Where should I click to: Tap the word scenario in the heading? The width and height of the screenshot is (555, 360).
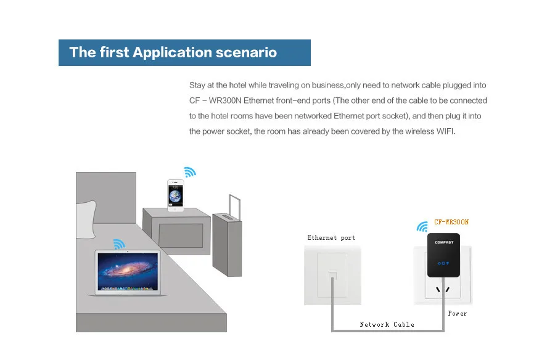pos(246,52)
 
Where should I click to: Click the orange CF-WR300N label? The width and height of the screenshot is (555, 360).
pos(451,222)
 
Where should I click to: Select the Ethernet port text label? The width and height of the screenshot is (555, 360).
pos(331,237)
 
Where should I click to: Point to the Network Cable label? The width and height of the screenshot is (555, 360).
pos(387,324)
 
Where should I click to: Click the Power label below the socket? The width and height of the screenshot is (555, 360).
pos(458,313)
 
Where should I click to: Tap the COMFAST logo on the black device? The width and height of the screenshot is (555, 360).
pos(444,242)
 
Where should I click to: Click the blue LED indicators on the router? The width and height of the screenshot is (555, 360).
pos(443,263)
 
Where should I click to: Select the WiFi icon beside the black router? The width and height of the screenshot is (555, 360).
pos(422,227)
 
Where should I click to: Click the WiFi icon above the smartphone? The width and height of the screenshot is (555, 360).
pos(190,172)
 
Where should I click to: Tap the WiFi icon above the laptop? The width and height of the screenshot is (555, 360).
pos(119,244)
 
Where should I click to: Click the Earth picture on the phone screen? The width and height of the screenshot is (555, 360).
pos(175,196)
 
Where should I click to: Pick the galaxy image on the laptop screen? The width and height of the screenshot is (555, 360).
pos(128,271)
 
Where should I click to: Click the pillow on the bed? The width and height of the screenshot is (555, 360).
pos(86,219)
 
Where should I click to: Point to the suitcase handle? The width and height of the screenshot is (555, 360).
pos(235,207)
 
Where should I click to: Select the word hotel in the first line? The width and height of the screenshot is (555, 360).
pos(237,85)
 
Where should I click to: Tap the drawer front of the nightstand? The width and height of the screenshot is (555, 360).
pos(181,235)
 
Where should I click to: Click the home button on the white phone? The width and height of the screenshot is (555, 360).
pos(176,209)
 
